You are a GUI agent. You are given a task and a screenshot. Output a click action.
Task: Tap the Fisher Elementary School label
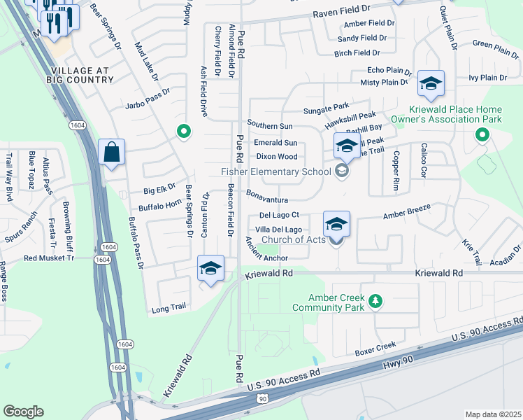275,171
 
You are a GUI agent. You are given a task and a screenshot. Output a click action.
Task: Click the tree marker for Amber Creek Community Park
376,301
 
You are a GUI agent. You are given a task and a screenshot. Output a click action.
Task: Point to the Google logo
23,412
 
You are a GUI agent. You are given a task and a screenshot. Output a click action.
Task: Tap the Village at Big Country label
81,76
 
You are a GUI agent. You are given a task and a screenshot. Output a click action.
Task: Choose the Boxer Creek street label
375,349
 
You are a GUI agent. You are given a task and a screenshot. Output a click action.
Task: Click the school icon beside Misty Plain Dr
431,83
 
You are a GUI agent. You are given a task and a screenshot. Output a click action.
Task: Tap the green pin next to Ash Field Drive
183,131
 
